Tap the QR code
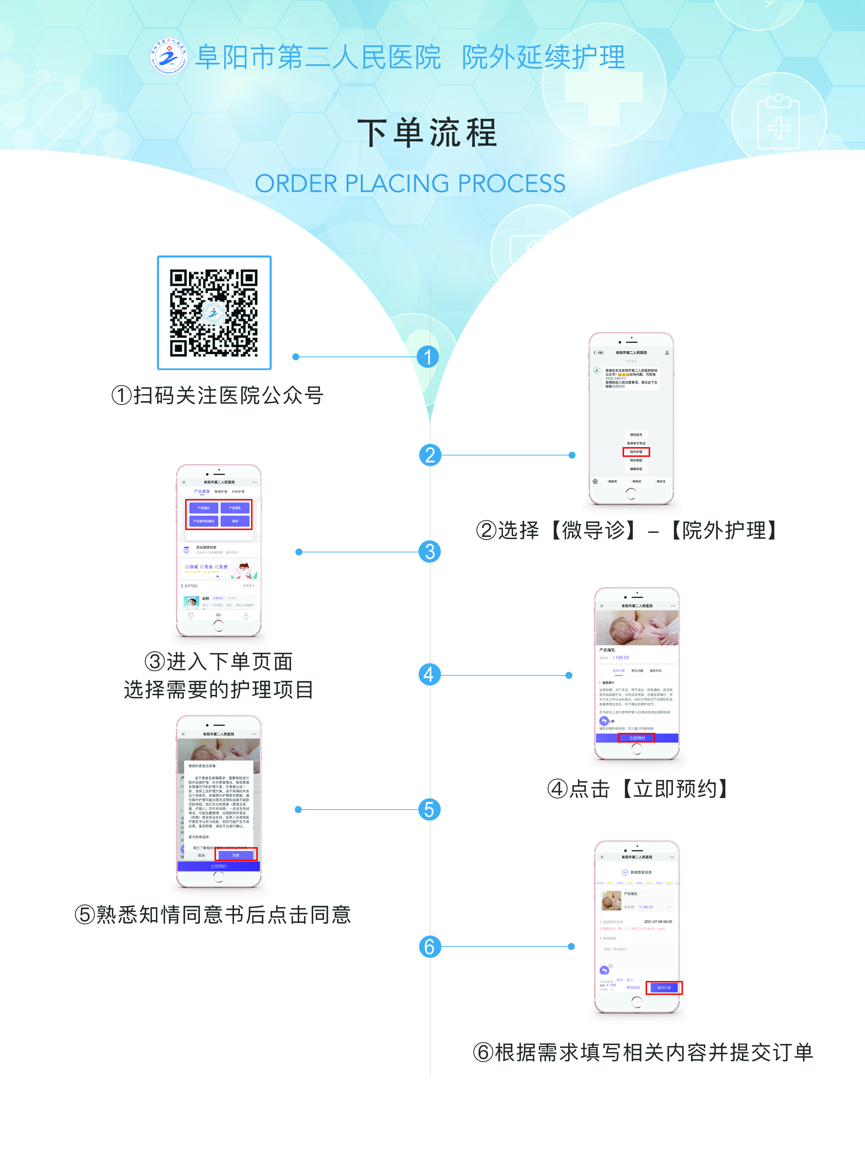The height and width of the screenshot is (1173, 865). [214, 313]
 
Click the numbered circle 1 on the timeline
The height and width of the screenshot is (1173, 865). [428, 357]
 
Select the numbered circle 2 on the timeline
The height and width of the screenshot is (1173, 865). [430, 455]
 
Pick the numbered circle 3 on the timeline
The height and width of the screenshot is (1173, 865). [430, 551]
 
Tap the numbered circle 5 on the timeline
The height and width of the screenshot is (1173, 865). [429, 810]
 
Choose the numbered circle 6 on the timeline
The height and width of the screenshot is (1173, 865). [429, 946]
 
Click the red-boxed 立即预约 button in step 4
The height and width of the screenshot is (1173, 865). [636, 738]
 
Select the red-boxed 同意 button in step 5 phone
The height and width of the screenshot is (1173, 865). [236, 855]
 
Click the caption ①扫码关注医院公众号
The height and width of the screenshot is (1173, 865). [217, 396]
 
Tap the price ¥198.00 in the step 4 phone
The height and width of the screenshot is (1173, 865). [622, 658]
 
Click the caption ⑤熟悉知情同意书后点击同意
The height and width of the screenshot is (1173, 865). [212, 914]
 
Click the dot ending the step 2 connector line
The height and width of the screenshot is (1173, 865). [572, 455]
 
